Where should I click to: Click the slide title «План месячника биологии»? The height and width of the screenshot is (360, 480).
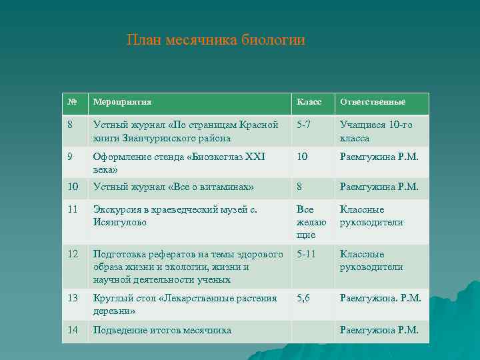click(215, 41)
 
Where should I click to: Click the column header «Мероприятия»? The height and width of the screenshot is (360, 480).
click(123, 102)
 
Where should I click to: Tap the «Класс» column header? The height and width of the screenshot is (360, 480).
click(309, 102)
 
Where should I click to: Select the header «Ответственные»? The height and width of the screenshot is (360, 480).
click(373, 102)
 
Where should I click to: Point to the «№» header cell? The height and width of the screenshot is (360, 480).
click(73, 102)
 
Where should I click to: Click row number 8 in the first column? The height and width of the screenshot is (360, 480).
click(71, 125)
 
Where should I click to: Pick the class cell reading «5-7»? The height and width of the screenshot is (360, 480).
click(303, 125)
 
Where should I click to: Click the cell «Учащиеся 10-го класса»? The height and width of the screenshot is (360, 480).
click(376, 131)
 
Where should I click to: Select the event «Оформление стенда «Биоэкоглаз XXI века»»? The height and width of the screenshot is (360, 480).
click(179, 163)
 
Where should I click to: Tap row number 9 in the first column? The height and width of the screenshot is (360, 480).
click(71, 157)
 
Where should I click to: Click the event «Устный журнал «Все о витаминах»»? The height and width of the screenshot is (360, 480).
click(173, 187)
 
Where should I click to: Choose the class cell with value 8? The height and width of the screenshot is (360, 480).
click(300, 187)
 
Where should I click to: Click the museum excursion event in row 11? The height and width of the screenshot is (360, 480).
click(175, 215)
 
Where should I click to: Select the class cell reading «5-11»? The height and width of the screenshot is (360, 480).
click(306, 254)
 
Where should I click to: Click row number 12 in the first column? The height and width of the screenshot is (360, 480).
click(73, 254)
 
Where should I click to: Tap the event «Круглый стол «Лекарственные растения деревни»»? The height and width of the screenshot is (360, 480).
click(185, 305)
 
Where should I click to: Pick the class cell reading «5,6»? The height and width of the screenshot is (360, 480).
click(303, 298)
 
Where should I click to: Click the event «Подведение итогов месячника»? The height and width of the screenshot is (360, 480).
click(162, 330)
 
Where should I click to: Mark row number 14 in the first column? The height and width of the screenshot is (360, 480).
click(73, 330)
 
